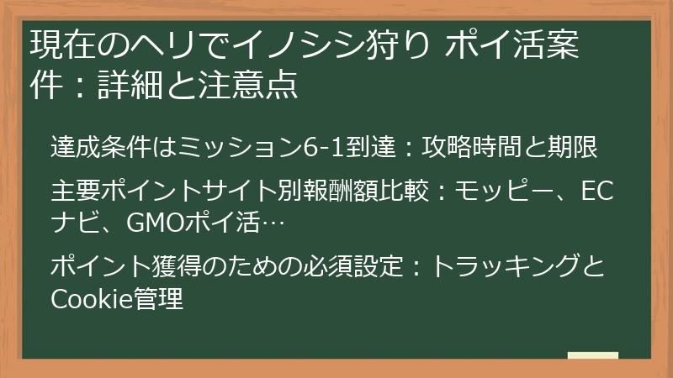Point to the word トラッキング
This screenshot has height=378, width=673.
[505, 267]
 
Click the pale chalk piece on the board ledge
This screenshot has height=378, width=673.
[592, 355]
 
